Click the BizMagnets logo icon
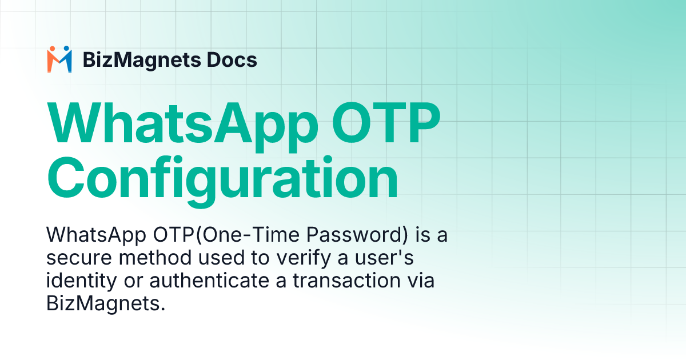point(59,59)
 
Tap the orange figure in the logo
point(53,59)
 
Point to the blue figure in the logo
point(66,59)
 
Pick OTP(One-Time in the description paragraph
point(223,235)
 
